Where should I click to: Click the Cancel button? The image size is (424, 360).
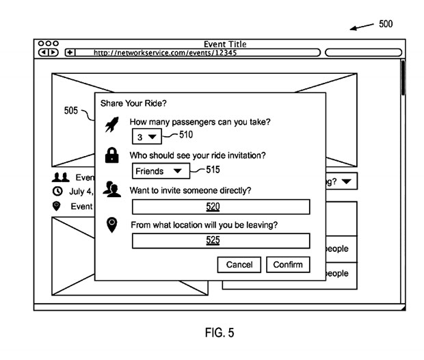click(x=239, y=265)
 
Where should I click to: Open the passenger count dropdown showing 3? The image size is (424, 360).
click(x=145, y=137)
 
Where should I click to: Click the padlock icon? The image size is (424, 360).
click(x=111, y=157)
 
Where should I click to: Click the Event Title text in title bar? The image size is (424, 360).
click(x=225, y=44)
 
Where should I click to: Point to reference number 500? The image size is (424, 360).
click(x=386, y=23)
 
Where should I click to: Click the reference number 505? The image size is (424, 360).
click(x=71, y=111)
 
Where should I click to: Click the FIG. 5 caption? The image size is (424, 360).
click(x=220, y=333)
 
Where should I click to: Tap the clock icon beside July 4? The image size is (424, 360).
click(x=57, y=192)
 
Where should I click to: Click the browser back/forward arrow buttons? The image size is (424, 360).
click(x=48, y=52)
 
